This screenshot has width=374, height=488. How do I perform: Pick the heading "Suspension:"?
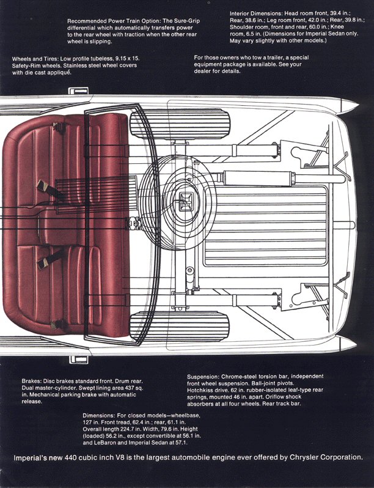tap(206, 375)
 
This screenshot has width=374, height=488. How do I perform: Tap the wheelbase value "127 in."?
tap(92, 423)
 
